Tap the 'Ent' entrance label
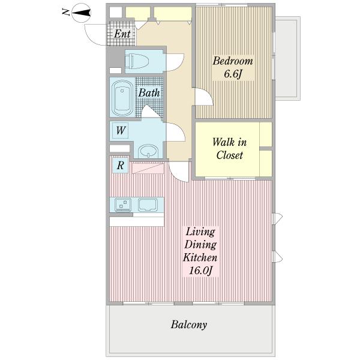(x=122, y=34)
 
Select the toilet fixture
(x=137, y=61)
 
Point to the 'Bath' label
(x=149, y=93)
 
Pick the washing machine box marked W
(x=121, y=131)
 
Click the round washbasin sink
(x=148, y=151)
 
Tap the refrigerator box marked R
(x=121, y=166)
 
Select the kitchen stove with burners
(x=123, y=205)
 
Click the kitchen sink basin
(x=148, y=205)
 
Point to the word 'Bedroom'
(x=233, y=61)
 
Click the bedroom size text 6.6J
(x=233, y=74)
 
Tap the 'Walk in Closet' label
(x=230, y=149)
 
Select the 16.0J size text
(x=200, y=271)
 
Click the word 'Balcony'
(x=189, y=325)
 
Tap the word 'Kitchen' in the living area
(x=200, y=257)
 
